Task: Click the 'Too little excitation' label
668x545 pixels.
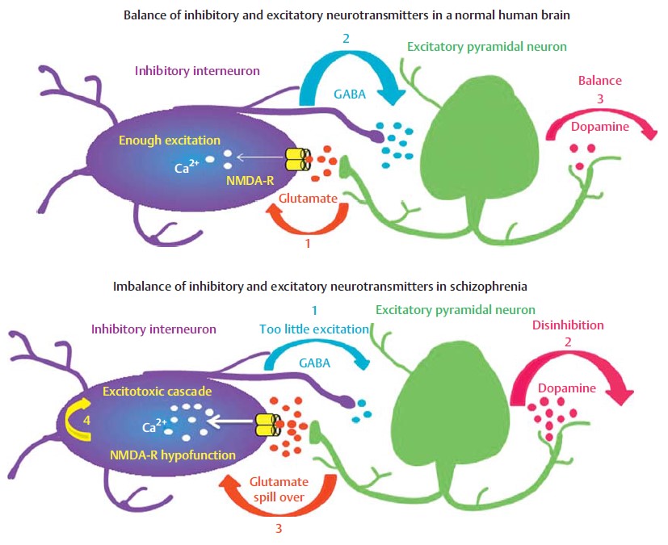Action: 313,329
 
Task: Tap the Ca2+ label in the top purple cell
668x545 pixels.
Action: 188,167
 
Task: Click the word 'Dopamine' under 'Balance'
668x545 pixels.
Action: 601,127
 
